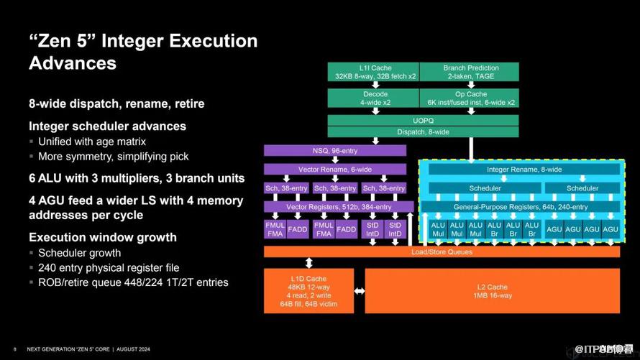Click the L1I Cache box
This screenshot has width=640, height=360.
[x=372, y=72]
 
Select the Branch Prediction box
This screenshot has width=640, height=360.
[x=470, y=72]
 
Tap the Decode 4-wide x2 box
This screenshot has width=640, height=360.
[x=372, y=98]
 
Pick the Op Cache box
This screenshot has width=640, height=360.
[x=470, y=98]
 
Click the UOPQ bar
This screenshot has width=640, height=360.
[x=423, y=120]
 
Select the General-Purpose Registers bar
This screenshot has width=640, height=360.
[x=521, y=207]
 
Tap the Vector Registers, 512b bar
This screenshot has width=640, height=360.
[x=334, y=207]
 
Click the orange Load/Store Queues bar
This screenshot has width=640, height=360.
[x=442, y=252]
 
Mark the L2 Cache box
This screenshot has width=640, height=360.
[x=492, y=291]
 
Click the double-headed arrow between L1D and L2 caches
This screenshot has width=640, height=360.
[x=360, y=291]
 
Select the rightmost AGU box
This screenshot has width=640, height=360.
[x=610, y=229]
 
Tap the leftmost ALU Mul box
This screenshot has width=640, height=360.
[x=438, y=229]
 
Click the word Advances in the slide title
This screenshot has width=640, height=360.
[x=72, y=63]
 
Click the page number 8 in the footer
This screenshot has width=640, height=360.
[x=15, y=349]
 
